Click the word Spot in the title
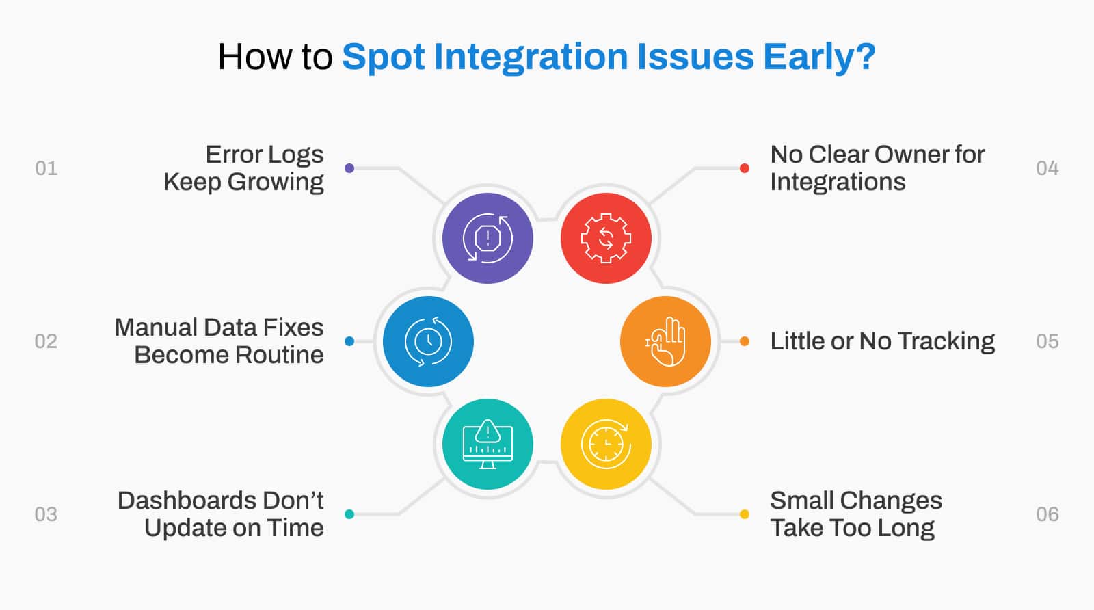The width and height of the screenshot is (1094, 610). pyautogui.click(x=384, y=58)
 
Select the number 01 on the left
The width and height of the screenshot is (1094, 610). pyautogui.click(x=46, y=168)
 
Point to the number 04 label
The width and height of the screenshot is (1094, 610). pyautogui.click(x=1047, y=168)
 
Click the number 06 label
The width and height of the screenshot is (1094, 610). pyautogui.click(x=1047, y=514)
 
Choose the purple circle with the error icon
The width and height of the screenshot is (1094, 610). pyautogui.click(x=488, y=239)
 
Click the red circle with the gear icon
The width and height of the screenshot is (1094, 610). pyautogui.click(x=606, y=239)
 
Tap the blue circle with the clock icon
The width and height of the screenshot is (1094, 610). pyautogui.click(x=428, y=341)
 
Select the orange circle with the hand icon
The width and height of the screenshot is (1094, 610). pyautogui.click(x=666, y=341)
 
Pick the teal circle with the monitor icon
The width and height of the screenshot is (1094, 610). pyautogui.click(x=488, y=444)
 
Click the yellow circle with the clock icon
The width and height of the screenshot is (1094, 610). pyautogui.click(x=606, y=444)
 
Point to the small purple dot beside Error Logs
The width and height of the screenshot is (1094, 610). pyautogui.click(x=349, y=168)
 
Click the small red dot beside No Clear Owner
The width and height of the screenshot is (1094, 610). pyautogui.click(x=745, y=168)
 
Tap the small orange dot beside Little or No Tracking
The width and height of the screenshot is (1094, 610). pyautogui.click(x=745, y=341)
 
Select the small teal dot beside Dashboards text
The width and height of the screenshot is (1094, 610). pyautogui.click(x=349, y=514)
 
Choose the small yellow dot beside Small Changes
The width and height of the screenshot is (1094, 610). pyautogui.click(x=745, y=514)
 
